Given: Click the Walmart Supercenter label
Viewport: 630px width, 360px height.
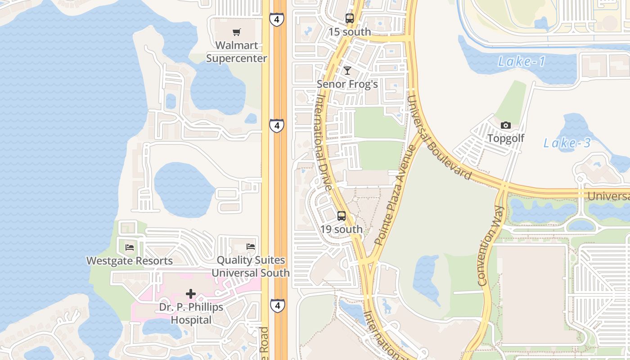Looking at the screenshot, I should pyautogui.click(x=236, y=52).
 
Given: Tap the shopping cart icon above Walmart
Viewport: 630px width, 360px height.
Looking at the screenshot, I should pyautogui.click(x=236, y=32).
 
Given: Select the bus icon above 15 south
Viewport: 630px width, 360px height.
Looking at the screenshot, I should pyautogui.click(x=349, y=18).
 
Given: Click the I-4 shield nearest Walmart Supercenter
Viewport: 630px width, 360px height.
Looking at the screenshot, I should pyautogui.click(x=277, y=19).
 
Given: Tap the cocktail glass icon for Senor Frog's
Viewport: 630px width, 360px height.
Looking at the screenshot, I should pyautogui.click(x=347, y=70).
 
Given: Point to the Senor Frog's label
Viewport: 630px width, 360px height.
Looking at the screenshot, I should pyautogui.click(x=347, y=84).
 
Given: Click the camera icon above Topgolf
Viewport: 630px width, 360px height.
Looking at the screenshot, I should pyautogui.click(x=506, y=125).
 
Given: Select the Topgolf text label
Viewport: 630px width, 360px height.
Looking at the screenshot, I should pyautogui.click(x=506, y=138).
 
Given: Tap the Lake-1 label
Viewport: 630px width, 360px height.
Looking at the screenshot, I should pyautogui.click(x=522, y=61).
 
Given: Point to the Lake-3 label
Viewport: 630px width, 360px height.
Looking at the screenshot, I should pyautogui.click(x=567, y=143).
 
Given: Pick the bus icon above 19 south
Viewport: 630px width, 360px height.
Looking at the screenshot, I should pyautogui.click(x=341, y=216).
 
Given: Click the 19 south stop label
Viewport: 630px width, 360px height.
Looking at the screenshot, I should pyautogui.click(x=341, y=229).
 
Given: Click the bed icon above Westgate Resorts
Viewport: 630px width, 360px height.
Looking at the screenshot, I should pyautogui.click(x=130, y=247).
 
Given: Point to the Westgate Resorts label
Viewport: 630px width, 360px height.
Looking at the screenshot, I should pyautogui.click(x=129, y=261).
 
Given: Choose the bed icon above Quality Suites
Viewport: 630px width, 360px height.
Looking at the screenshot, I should pyautogui.click(x=251, y=246).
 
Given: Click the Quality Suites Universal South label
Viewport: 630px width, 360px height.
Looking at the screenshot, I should pyautogui.click(x=251, y=266).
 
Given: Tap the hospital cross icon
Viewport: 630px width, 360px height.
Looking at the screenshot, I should pyautogui.click(x=191, y=294).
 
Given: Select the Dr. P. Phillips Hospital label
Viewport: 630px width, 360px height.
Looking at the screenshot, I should pyautogui.click(x=191, y=314).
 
